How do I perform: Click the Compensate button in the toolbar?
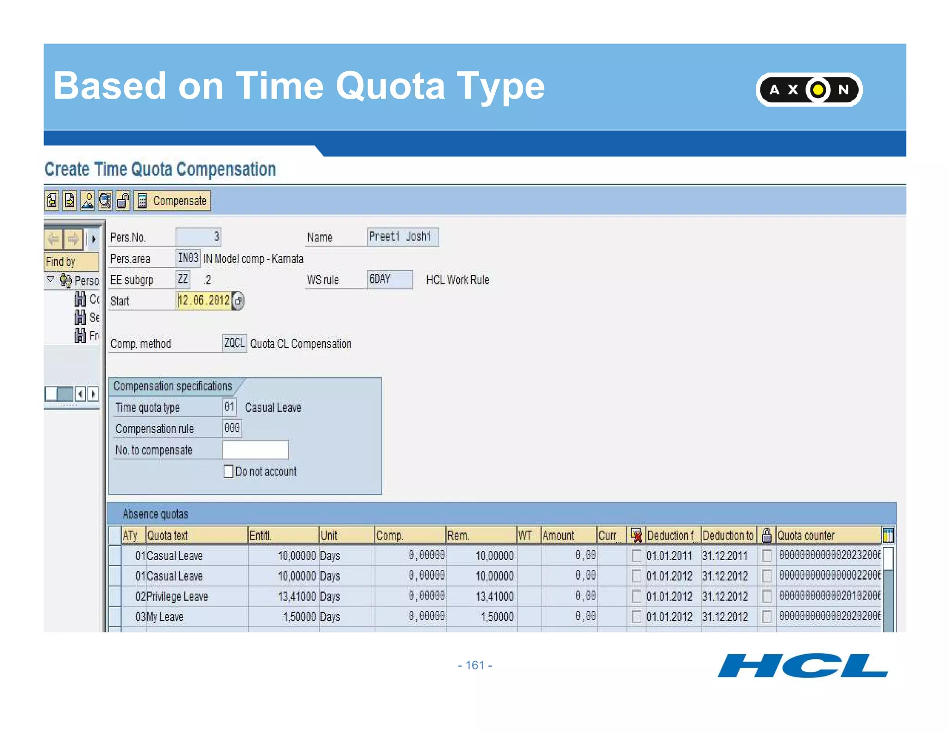pos(173,201)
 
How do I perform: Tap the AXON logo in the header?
pos(809,89)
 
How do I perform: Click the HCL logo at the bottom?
pos(802,666)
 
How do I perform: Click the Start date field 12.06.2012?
pos(204,301)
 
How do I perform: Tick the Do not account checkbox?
pos(228,471)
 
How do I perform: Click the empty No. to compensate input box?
pos(255,450)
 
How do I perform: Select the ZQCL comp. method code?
pos(234,343)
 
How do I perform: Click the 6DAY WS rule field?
pos(389,279)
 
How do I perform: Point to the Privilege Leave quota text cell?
pos(177,596)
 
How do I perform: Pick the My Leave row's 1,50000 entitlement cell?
pos(299,617)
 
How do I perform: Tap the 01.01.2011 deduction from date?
pos(669,556)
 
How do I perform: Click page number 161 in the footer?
pos(475,665)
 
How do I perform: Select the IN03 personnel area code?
pos(188,258)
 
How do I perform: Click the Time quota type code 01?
pos(229,407)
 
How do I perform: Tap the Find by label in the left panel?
pos(61,262)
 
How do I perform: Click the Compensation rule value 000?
pos(232,429)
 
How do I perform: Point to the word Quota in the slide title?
pos(390,86)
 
